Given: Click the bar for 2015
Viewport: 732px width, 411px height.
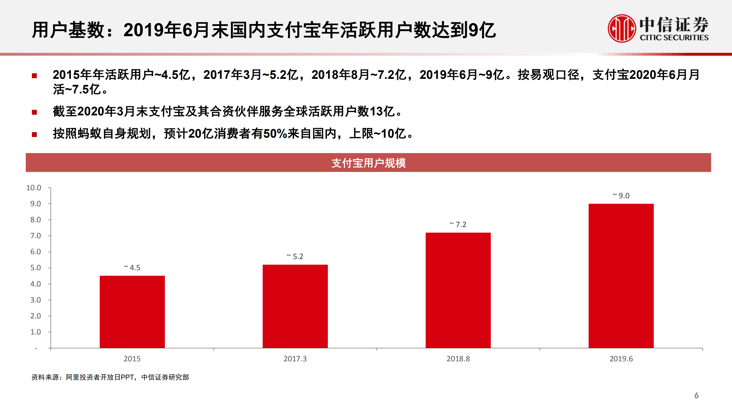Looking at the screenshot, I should [x=132, y=312].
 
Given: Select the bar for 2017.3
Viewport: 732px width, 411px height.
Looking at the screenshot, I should [x=295, y=306].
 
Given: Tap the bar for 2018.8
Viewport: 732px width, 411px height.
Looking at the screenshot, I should [x=458, y=290].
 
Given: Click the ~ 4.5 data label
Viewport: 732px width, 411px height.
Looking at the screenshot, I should [x=132, y=268].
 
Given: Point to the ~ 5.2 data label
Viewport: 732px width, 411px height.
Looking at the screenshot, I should [x=295, y=256].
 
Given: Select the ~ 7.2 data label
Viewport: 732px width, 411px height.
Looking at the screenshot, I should [x=458, y=224].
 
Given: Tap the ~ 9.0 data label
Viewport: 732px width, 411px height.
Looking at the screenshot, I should [x=621, y=196].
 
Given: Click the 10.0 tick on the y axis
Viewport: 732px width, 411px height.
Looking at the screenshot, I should [x=34, y=188].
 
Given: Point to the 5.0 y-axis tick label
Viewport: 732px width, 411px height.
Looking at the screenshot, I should [x=35, y=268].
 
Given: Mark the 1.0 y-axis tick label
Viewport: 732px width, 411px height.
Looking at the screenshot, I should [x=35, y=332].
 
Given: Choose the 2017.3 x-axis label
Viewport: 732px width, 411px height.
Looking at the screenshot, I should [x=295, y=359].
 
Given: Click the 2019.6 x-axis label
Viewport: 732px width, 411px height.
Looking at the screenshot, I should [x=621, y=359].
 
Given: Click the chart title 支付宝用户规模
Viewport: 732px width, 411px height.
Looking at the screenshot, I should [x=368, y=163].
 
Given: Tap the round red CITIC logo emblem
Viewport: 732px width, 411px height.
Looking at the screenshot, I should [x=622, y=29].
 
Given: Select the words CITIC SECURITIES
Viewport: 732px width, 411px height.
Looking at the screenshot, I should [x=674, y=38].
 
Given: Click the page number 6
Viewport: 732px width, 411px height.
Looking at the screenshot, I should [x=696, y=395].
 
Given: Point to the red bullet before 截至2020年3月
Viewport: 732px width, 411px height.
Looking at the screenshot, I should [x=34, y=112].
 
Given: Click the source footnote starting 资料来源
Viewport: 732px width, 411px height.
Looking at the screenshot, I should [x=110, y=377].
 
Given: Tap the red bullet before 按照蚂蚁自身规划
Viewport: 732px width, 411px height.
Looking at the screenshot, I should [x=34, y=134].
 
